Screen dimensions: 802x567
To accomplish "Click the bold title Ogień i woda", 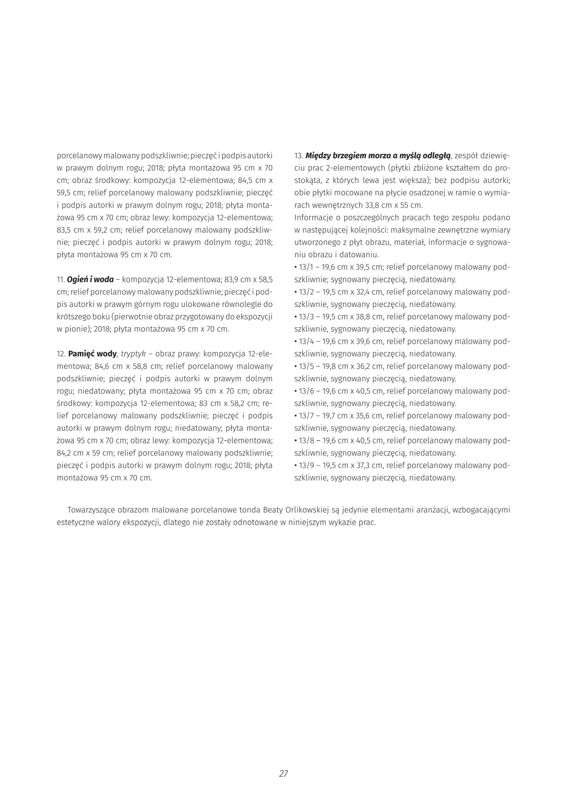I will tap(90, 279).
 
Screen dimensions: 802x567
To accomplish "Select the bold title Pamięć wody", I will tap(92, 353).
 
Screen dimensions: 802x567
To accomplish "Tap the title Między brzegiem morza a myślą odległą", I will tap(378, 155).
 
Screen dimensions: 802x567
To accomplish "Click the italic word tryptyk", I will tap(133, 353).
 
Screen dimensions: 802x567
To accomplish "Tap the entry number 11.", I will tap(61, 279).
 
